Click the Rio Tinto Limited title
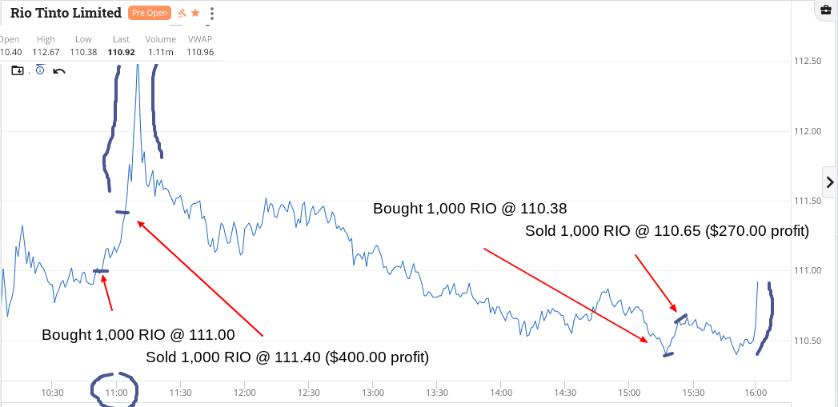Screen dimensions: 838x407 pyautogui.click(x=66, y=13)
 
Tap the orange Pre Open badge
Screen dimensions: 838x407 pyautogui.click(x=149, y=13)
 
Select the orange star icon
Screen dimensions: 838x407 pyautogui.click(x=195, y=13)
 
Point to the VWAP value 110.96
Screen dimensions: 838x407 pyautogui.click(x=200, y=52)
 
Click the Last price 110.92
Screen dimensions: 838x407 pyautogui.click(x=122, y=52)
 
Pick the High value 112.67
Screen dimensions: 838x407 pyautogui.click(x=46, y=52)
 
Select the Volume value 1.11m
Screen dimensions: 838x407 pyautogui.click(x=160, y=52)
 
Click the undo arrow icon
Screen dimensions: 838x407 pyautogui.click(x=58, y=71)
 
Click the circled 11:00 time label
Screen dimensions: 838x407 pyautogui.click(x=117, y=393)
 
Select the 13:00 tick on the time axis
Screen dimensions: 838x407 pyautogui.click(x=372, y=393)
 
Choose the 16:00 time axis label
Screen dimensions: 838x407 pyautogui.click(x=756, y=393)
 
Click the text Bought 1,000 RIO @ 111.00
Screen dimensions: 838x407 pyautogui.click(x=138, y=335)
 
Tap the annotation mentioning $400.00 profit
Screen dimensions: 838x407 pyautogui.click(x=287, y=357)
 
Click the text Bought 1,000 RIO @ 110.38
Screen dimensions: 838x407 pyautogui.click(x=470, y=209)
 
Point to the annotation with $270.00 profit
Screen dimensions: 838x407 pyautogui.click(x=667, y=231)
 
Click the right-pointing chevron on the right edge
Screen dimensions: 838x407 pyautogui.click(x=830, y=182)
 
